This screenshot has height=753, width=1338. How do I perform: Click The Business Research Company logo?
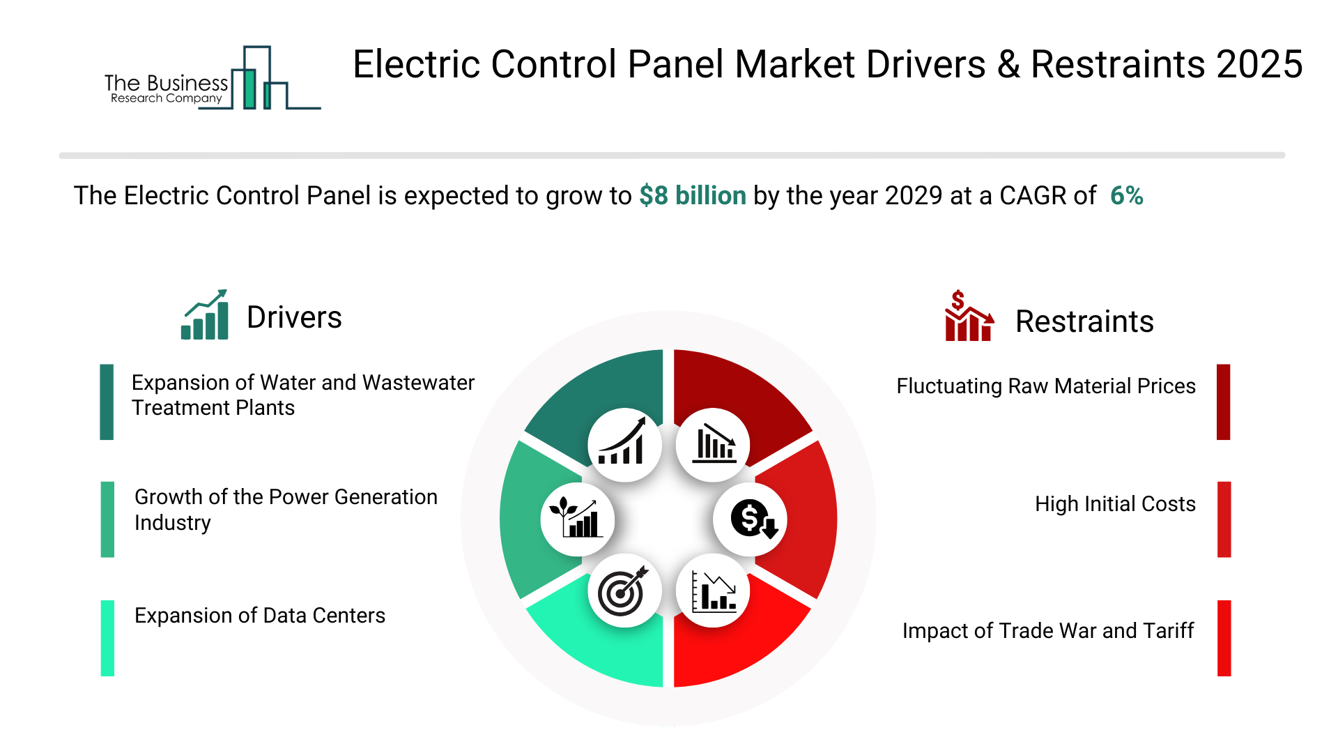tap(213, 78)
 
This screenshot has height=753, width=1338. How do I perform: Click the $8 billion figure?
tap(693, 196)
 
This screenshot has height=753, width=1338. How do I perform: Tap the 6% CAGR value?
tap(1126, 196)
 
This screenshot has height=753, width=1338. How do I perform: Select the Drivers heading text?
tap(294, 317)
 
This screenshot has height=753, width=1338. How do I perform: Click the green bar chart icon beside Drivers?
tap(205, 314)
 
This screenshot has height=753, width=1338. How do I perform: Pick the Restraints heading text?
tap(1084, 321)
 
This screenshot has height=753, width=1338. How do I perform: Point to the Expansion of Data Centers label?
tap(260, 616)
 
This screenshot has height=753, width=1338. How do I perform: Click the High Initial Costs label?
tap(1115, 504)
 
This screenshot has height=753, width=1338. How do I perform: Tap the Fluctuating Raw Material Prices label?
tap(1046, 386)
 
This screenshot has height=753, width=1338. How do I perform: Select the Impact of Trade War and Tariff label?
tap(1048, 631)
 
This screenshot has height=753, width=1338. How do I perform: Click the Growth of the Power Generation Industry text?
tap(286, 510)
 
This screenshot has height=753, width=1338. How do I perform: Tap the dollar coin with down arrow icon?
tap(751, 519)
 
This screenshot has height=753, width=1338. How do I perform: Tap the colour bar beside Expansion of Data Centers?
tap(107, 638)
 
